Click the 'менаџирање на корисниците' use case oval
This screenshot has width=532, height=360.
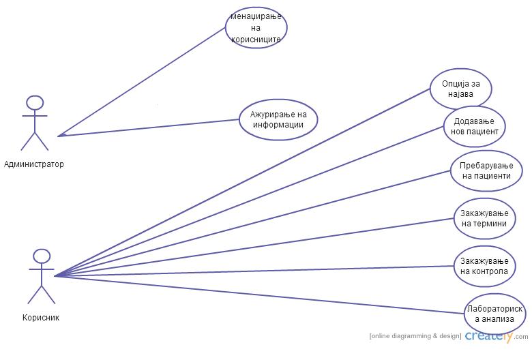256,27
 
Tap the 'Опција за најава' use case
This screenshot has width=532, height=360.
461,89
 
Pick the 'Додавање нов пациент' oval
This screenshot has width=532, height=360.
475,126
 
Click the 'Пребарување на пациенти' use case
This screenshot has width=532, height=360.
486,170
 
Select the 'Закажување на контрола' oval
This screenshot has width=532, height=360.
484,266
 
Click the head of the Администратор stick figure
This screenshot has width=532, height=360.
35,102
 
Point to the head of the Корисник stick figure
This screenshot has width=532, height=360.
42,256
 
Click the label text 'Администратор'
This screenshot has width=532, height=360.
34,164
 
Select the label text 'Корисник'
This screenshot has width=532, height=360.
41,317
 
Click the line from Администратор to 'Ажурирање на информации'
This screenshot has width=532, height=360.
150,127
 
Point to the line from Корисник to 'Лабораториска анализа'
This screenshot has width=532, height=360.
259,295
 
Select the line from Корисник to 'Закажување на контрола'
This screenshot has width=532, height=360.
252,271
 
